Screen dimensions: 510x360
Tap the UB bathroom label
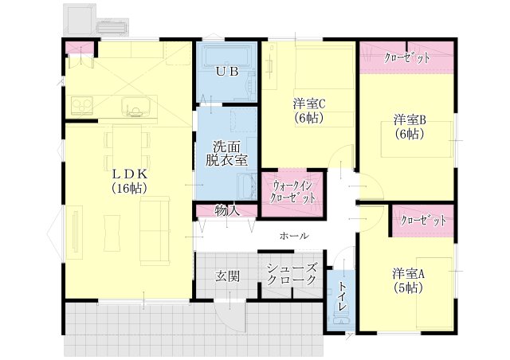228,72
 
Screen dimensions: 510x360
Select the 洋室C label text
309,104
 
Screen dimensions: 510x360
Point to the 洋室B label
410,119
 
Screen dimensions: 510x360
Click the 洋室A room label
409,274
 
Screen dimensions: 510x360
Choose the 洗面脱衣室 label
226,153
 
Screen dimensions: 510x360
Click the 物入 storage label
227,211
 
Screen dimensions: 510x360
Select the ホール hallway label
294,236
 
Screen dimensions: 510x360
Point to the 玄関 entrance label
228,276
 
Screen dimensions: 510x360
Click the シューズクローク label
292,274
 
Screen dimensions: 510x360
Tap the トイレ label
342,296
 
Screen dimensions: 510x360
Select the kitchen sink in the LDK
136,107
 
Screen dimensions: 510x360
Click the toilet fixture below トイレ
341,319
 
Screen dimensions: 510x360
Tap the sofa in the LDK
155,231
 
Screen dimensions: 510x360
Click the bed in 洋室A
433,292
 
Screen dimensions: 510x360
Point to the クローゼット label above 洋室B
407,58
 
